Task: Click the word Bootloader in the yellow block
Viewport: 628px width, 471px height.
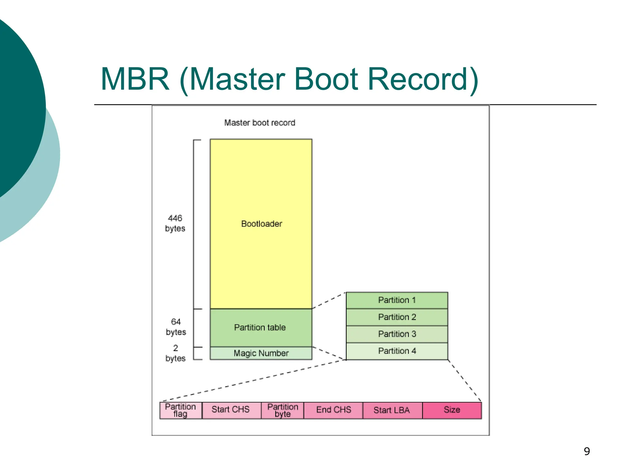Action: (x=262, y=224)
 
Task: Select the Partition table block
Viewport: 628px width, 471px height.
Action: (x=261, y=327)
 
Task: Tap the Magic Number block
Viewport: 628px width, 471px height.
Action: (x=261, y=353)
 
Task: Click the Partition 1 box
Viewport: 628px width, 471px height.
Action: (x=397, y=300)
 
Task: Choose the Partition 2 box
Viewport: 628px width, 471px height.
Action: (x=397, y=317)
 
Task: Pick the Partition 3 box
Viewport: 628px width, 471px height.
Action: (x=397, y=334)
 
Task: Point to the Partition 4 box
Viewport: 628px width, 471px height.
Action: (x=397, y=351)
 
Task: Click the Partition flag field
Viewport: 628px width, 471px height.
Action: (x=181, y=410)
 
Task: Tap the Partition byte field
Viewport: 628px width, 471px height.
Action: (x=282, y=410)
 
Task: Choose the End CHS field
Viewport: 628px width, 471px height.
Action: (x=333, y=410)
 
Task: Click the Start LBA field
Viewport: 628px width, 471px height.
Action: (x=392, y=410)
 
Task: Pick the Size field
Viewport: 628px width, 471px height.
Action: (x=452, y=410)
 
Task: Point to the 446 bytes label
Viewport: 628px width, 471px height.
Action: (x=175, y=223)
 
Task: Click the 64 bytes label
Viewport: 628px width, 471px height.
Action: (x=176, y=327)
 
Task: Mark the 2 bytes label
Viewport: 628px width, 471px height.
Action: (x=175, y=353)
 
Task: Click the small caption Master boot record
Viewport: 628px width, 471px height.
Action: (x=260, y=123)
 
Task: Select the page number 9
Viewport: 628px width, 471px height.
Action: (x=587, y=451)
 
